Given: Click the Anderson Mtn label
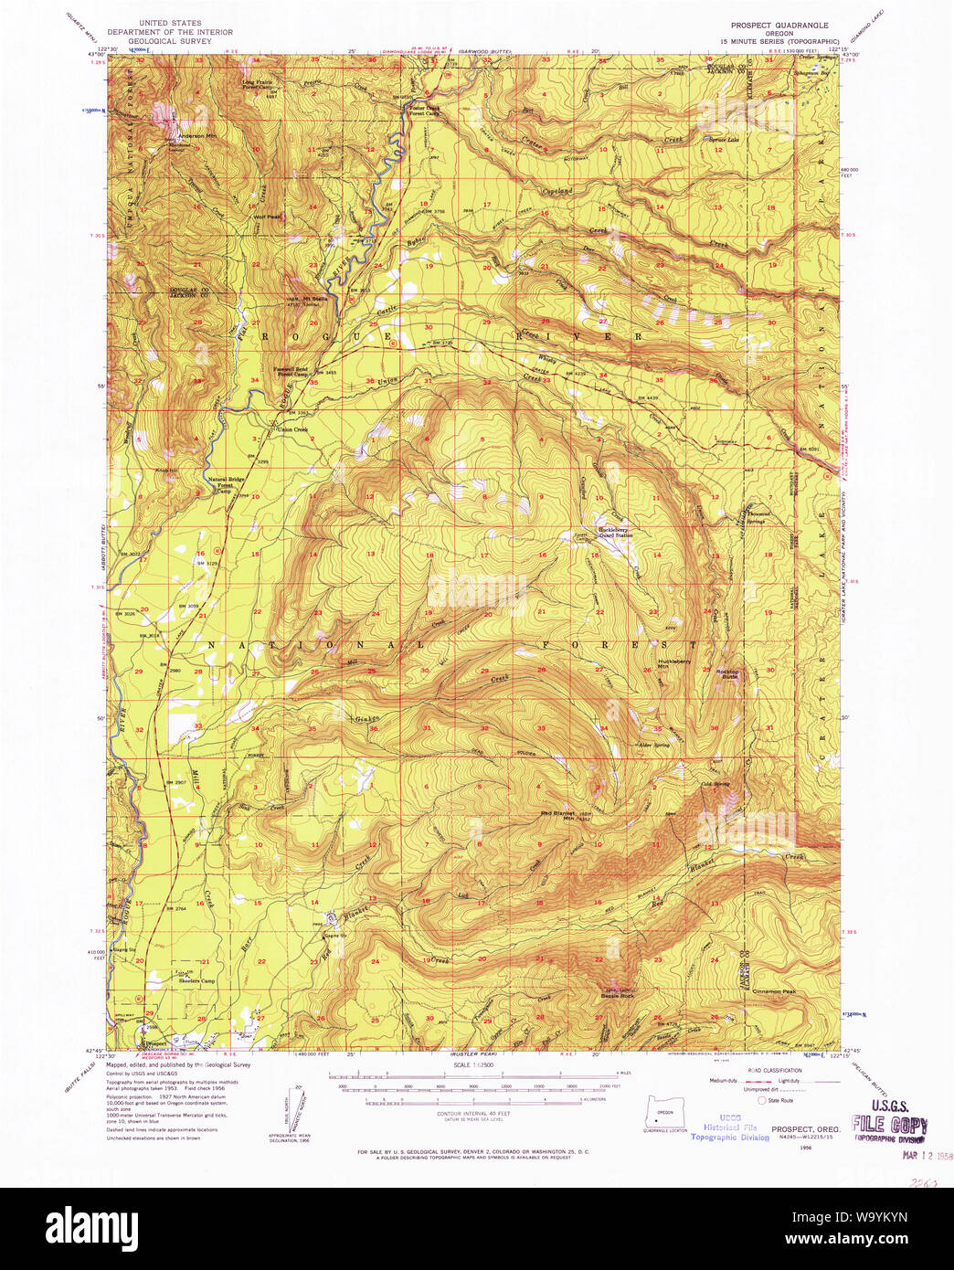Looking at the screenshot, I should point(198,136).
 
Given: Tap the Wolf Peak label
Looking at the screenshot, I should point(267,217).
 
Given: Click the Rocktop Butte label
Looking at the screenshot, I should point(727,674).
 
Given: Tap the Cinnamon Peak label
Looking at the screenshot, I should point(775,991).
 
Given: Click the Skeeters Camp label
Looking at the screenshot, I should point(196,981).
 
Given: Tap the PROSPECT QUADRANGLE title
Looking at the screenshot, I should point(779,26).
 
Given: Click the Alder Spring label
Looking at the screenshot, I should point(653,745).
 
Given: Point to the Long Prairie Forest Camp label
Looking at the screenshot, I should point(256,85).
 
